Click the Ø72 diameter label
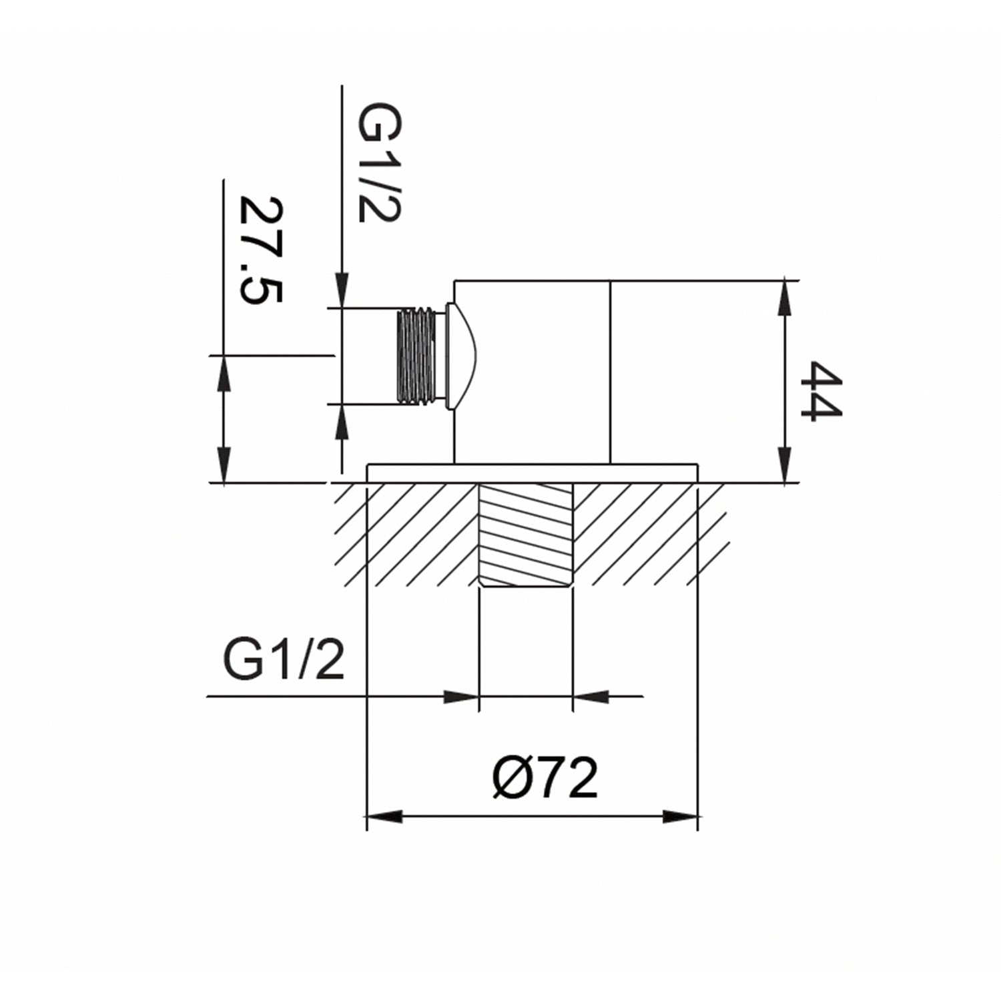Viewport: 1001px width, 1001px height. click(x=545, y=777)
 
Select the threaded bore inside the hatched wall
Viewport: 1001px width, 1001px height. click(x=526, y=534)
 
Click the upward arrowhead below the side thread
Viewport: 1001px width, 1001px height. click(x=342, y=422)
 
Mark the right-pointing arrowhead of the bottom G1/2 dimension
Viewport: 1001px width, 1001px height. click(x=462, y=697)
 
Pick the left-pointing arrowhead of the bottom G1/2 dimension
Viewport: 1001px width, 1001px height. click(x=590, y=697)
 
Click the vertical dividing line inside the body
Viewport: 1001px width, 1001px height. click(x=610, y=371)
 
